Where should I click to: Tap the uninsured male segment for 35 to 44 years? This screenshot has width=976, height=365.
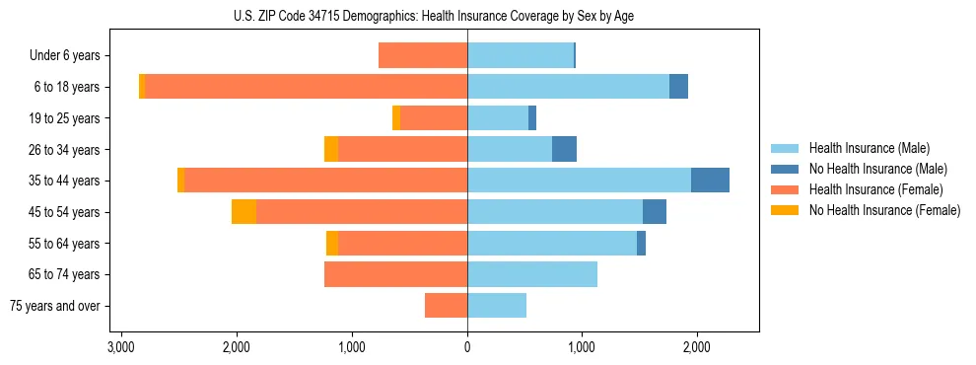[710, 181]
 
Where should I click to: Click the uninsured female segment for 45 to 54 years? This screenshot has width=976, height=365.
[244, 212]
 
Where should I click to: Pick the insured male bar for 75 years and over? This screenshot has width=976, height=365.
[497, 306]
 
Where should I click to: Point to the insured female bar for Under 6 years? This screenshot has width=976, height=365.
[423, 55]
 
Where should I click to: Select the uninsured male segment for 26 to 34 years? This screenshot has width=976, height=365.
[564, 149]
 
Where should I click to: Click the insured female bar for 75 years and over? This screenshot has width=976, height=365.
[446, 306]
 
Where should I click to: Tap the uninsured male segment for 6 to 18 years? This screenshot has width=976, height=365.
[678, 87]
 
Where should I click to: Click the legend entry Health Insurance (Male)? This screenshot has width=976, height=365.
[869, 148]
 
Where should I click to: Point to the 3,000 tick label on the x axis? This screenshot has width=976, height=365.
[120, 347]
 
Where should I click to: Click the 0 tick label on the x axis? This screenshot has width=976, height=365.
[467, 347]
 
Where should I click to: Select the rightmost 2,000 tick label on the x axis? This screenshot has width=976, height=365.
[696, 347]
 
